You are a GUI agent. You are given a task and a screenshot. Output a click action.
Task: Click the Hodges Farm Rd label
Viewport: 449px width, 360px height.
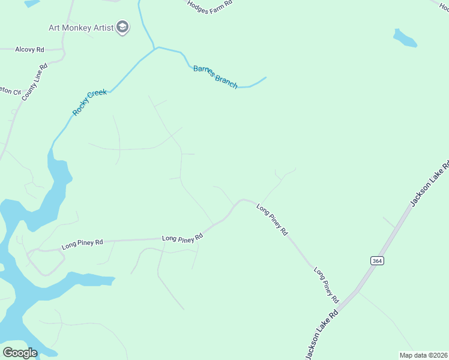point(209,7)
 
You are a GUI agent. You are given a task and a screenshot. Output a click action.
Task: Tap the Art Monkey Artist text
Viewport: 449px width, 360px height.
point(82,28)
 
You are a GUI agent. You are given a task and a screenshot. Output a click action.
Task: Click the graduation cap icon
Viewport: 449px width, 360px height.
point(122,28)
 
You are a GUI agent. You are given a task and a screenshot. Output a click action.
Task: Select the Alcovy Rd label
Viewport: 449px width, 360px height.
point(30,49)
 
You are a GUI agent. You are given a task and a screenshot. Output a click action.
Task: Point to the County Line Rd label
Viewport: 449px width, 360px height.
point(34,82)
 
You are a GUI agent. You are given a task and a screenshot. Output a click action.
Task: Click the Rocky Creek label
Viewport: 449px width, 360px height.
point(89,102)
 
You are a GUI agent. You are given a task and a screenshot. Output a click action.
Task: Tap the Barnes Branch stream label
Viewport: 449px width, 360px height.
point(215,77)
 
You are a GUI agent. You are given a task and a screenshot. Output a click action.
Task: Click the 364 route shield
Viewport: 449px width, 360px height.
point(376,260)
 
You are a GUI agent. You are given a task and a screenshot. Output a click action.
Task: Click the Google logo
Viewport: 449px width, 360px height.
point(20,352)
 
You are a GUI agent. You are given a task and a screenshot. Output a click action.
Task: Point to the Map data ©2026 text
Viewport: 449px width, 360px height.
point(423,355)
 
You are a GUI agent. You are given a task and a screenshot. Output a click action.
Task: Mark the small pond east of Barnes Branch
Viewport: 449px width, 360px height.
point(405,38)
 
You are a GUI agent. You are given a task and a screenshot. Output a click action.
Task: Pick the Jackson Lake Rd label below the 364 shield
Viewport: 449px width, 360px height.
point(322,335)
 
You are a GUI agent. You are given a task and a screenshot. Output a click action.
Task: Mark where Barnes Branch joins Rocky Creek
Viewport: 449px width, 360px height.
point(155,47)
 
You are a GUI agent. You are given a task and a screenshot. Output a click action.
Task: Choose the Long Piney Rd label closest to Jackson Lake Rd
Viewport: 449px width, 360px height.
point(327,284)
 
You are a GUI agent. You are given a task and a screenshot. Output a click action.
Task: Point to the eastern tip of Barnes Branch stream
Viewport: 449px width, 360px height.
point(265,77)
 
